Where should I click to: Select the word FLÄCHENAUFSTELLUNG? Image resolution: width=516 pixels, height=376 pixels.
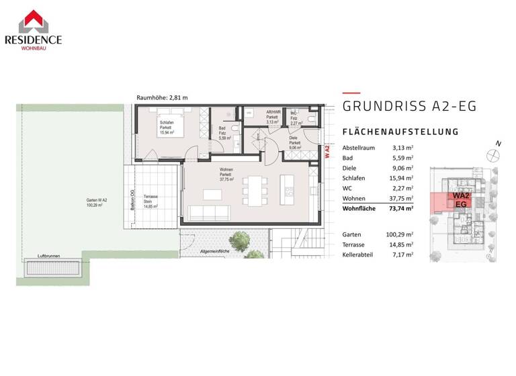tap(400, 132)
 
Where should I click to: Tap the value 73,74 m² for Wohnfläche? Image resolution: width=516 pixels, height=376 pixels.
tap(402, 209)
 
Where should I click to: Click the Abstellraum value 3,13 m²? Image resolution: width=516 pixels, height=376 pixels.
tap(402, 148)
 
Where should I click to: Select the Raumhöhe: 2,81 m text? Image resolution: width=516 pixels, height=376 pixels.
tap(162, 98)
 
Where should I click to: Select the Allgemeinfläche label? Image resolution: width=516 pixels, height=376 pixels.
tap(216, 250)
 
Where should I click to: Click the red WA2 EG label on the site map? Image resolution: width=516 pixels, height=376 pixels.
tap(461, 199)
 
